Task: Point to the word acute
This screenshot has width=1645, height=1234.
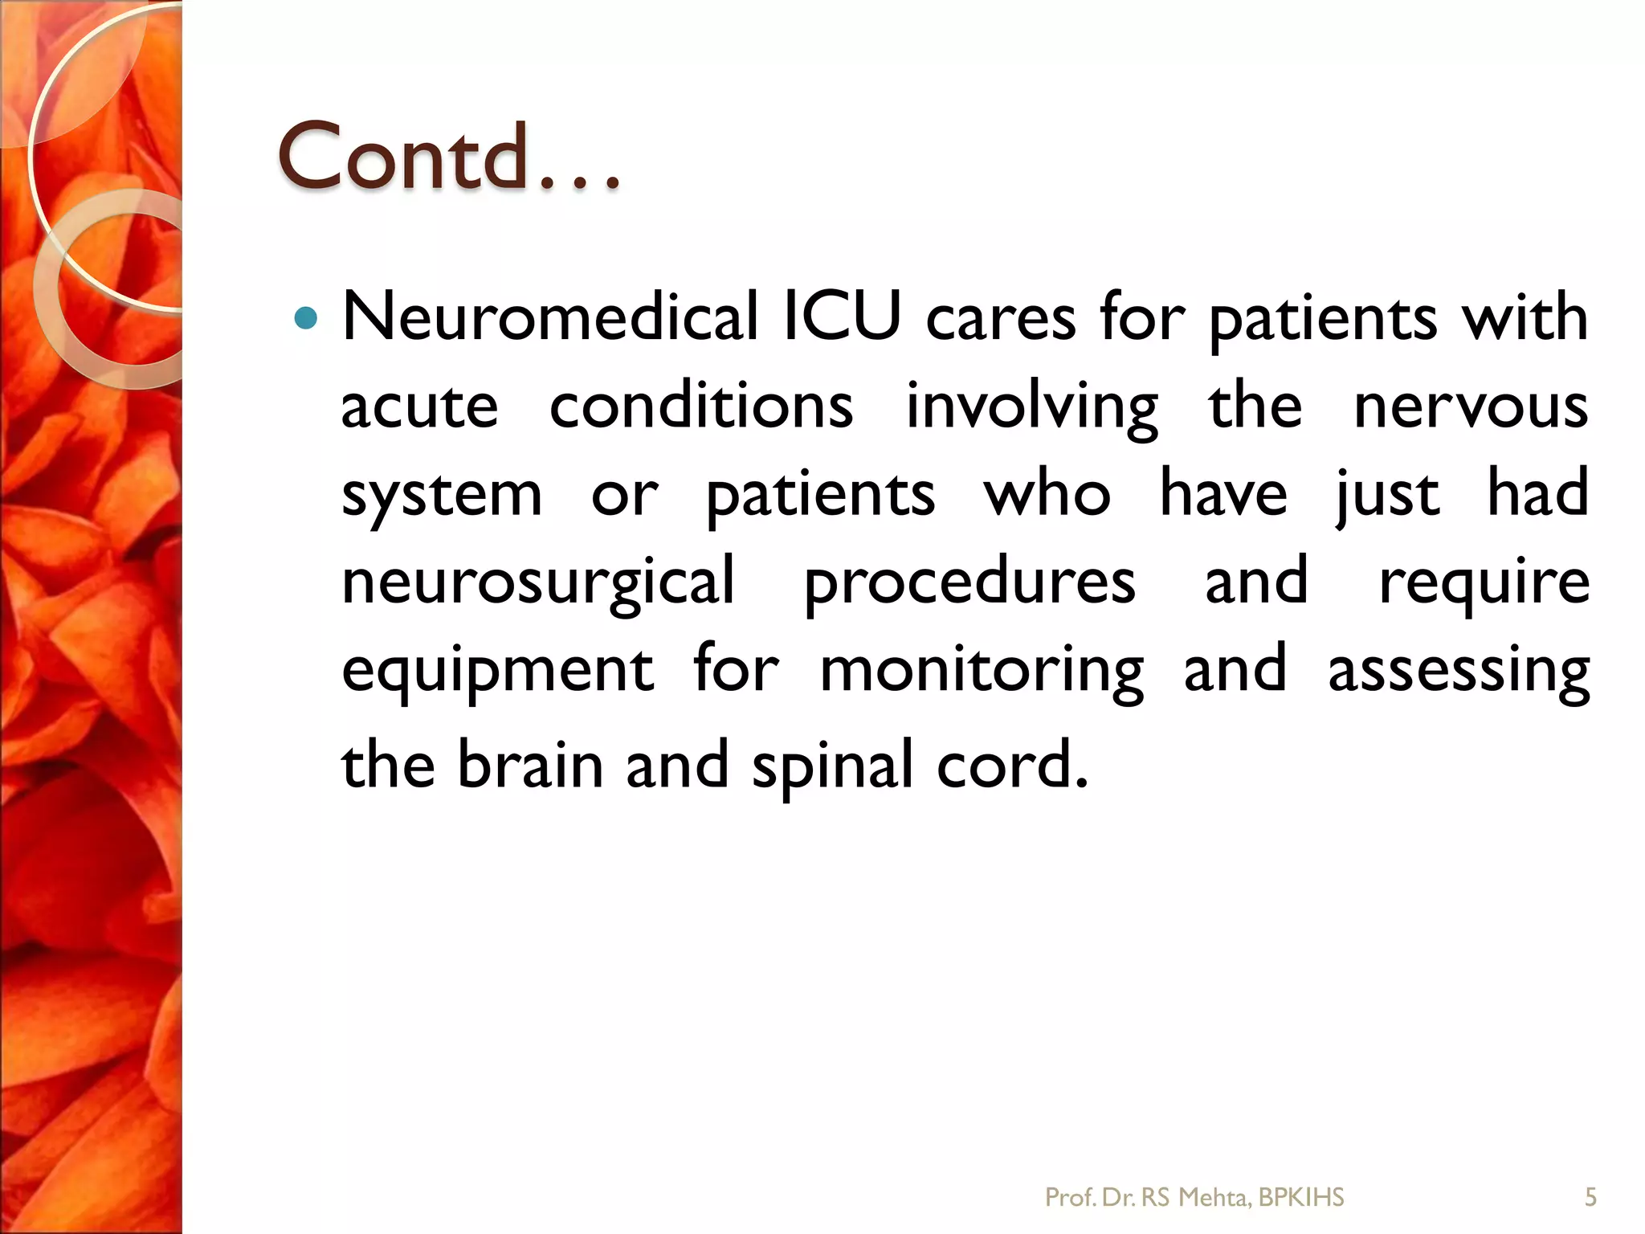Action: coord(419,407)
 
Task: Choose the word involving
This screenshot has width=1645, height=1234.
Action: coord(1031,407)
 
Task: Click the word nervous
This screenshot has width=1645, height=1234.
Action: coord(1471,407)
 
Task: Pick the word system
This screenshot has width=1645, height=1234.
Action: coord(442,495)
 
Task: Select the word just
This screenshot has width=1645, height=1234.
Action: coord(1388,495)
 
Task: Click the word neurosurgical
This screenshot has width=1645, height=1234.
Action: coord(538,582)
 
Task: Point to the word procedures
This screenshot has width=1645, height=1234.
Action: coord(969,582)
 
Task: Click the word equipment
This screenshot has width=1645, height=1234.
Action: coord(497,672)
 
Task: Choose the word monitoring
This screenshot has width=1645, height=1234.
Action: coord(982,672)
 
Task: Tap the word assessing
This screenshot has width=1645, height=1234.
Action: coord(1459,672)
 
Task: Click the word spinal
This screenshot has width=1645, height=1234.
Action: coord(833,766)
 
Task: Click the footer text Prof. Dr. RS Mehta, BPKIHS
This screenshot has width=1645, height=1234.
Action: coord(1194,1198)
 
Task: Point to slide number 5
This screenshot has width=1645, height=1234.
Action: coord(1590,1198)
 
